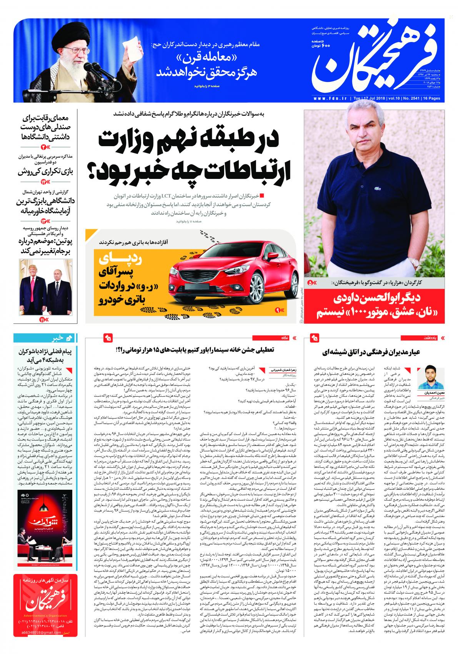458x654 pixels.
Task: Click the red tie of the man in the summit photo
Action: pyautogui.click(x=35, y=282)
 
